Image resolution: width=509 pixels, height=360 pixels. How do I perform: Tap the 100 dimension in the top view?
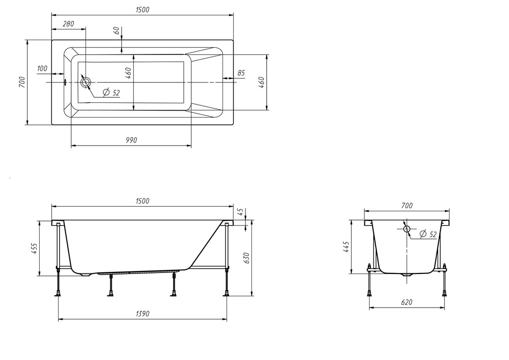click(42, 69)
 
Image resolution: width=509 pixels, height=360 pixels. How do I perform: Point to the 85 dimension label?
click(241, 73)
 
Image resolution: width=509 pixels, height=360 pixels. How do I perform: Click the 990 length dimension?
click(131, 140)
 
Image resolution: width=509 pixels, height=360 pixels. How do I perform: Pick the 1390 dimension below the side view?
click(143, 314)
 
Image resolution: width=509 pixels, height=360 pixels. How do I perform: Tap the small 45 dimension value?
click(241, 212)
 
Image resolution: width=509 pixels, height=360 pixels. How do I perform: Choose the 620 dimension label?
click(406, 302)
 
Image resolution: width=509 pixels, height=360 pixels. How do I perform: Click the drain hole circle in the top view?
click(86, 82)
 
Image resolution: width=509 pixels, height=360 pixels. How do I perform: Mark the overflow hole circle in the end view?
click(407, 229)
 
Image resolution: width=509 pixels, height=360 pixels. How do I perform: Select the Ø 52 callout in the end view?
click(428, 234)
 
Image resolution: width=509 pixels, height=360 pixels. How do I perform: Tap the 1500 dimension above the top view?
click(142, 10)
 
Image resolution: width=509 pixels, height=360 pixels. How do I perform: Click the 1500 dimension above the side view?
click(142, 201)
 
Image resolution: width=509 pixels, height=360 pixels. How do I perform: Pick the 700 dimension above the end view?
click(407, 206)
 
